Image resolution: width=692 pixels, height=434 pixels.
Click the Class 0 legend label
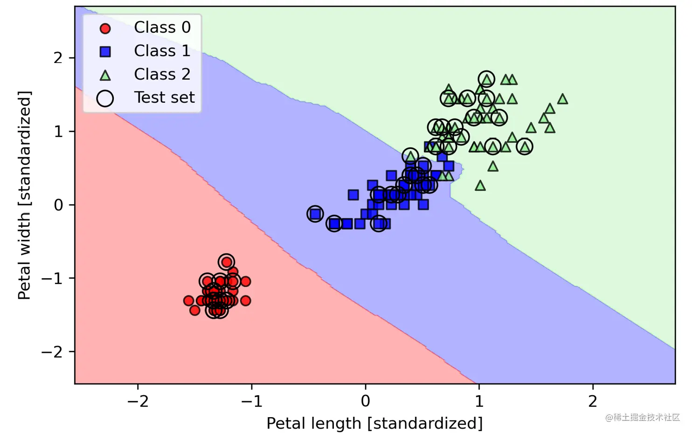162,28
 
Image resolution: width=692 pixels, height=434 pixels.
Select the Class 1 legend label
162,51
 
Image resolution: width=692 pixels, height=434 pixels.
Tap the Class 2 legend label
162,74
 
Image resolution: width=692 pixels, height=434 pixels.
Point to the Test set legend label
164,98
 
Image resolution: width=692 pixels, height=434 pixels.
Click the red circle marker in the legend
105,28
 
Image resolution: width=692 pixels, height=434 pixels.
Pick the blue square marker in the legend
105,52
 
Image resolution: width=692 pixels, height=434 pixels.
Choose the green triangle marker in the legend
105,75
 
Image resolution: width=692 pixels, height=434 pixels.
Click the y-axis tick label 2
58,58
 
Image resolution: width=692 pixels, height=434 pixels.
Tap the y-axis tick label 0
58,205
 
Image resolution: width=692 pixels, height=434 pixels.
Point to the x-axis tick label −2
138,401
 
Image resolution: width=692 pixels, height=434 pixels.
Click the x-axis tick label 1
479,401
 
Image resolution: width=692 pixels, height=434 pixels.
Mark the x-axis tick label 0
365,401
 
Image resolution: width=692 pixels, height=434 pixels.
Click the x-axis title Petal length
374,423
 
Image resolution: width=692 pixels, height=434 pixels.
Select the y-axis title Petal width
24,195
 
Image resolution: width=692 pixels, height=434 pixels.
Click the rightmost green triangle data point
562,99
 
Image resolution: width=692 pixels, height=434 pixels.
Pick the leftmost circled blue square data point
315,214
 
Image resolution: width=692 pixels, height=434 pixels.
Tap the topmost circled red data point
226,262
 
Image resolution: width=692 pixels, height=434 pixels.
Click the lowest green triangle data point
480,186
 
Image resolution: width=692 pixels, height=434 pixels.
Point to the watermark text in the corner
642,417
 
